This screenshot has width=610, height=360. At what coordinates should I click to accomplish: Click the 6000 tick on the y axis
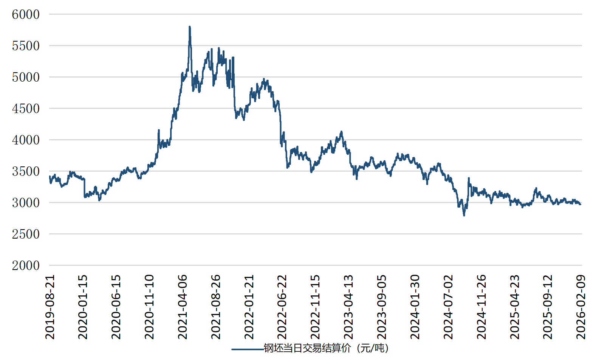(26, 14)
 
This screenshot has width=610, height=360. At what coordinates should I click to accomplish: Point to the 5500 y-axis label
(26, 46)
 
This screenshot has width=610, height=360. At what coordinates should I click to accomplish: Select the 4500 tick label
(26, 109)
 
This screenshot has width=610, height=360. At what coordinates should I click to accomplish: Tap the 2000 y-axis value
(26, 265)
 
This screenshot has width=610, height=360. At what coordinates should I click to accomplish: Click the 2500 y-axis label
(26, 234)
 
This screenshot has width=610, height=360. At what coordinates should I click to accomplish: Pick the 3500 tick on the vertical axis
(26, 171)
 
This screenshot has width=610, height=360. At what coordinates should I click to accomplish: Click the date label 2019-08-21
(50, 307)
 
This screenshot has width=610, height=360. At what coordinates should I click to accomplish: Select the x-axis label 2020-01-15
(83, 307)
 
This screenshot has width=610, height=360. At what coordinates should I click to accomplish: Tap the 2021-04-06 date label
(183, 307)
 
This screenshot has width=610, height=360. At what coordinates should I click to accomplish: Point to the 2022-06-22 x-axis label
(282, 307)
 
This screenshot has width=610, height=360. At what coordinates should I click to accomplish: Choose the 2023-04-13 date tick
(348, 307)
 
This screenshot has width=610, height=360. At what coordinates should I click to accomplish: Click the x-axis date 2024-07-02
(448, 307)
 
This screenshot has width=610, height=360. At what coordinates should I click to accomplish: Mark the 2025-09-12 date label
(548, 307)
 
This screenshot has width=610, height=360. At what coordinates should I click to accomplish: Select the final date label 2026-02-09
(581, 307)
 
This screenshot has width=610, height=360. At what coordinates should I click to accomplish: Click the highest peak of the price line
(190, 27)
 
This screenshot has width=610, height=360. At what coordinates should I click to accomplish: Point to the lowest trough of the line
(464, 215)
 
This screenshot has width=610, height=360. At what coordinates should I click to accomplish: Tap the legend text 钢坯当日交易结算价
(307, 348)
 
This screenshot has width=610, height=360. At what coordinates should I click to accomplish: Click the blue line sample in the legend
(248, 349)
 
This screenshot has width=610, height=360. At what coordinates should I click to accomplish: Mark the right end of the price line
(581, 204)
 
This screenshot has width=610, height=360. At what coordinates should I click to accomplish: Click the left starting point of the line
(50, 176)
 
